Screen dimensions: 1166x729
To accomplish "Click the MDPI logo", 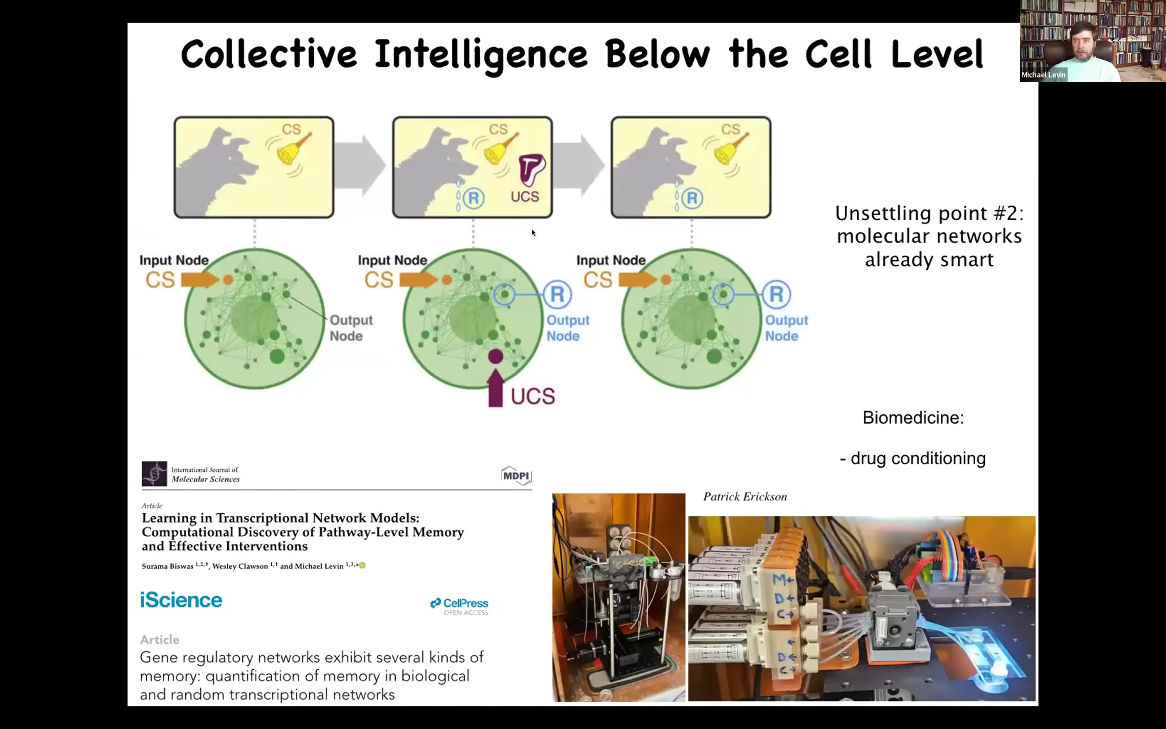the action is pyautogui.click(x=516, y=475).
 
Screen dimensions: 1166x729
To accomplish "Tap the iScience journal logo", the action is pyautogui.click(x=181, y=600).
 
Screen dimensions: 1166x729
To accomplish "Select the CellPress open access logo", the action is pyautogui.click(x=459, y=606).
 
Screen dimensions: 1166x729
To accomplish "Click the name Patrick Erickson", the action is pyautogui.click(x=745, y=497).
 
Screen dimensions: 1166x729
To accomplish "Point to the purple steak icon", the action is pyautogui.click(x=531, y=170).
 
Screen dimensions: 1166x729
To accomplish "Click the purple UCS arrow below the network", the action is pyautogui.click(x=495, y=388).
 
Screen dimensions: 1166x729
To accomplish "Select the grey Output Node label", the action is pyautogui.click(x=351, y=328).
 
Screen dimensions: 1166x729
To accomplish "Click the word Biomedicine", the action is pyautogui.click(x=913, y=418).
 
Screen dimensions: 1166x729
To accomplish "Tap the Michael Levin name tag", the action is pyautogui.click(x=1043, y=75).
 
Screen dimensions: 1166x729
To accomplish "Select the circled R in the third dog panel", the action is pyautogui.click(x=692, y=198).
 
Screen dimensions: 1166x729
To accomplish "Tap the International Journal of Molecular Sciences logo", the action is pyautogui.click(x=191, y=474).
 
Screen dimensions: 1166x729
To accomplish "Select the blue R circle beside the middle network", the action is pyautogui.click(x=557, y=294).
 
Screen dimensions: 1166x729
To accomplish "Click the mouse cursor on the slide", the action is pyautogui.click(x=533, y=233).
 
